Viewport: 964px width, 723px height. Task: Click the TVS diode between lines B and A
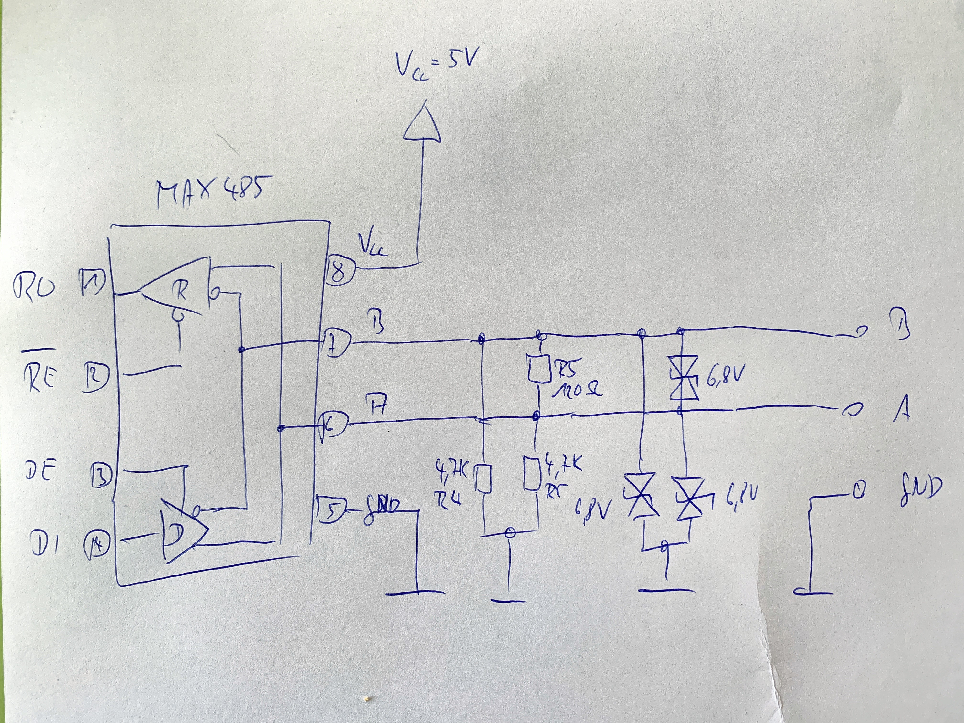(x=683, y=377)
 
